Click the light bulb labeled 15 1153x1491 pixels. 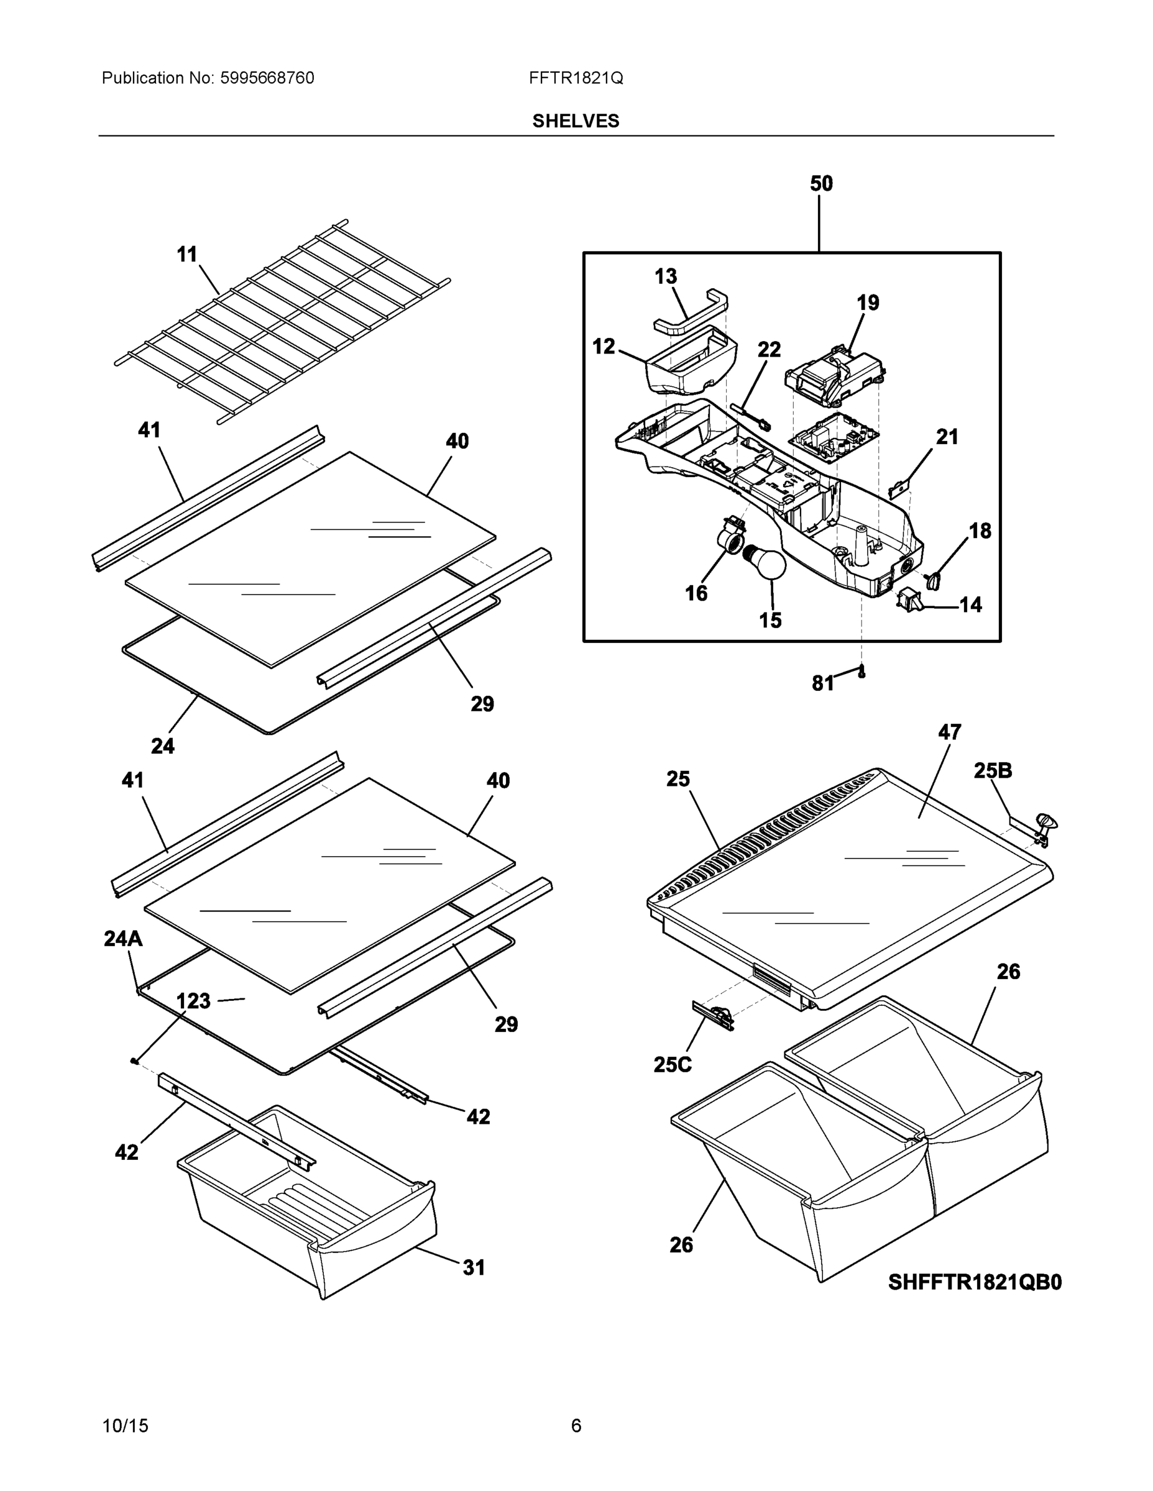(x=767, y=561)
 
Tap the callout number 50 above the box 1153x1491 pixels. (x=821, y=184)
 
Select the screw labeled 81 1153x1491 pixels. (x=862, y=672)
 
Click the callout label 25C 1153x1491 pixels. (x=672, y=1064)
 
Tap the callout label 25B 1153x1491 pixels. (x=993, y=771)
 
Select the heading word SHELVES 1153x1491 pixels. (x=576, y=121)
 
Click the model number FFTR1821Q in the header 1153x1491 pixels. (x=576, y=78)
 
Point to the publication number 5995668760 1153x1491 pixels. (x=267, y=78)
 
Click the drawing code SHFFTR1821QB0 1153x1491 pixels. (x=975, y=1282)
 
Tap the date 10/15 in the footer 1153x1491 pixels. (x=125, y=1426)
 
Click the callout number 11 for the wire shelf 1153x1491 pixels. (x=186, y=255)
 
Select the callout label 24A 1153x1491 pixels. (x=123, y=939)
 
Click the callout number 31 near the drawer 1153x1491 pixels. (x=474, y=1268)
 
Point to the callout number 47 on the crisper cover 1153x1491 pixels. (x=950, y=732)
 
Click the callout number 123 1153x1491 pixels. (x=193, y=1001)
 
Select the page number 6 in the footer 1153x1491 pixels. (x=576, y=1426)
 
